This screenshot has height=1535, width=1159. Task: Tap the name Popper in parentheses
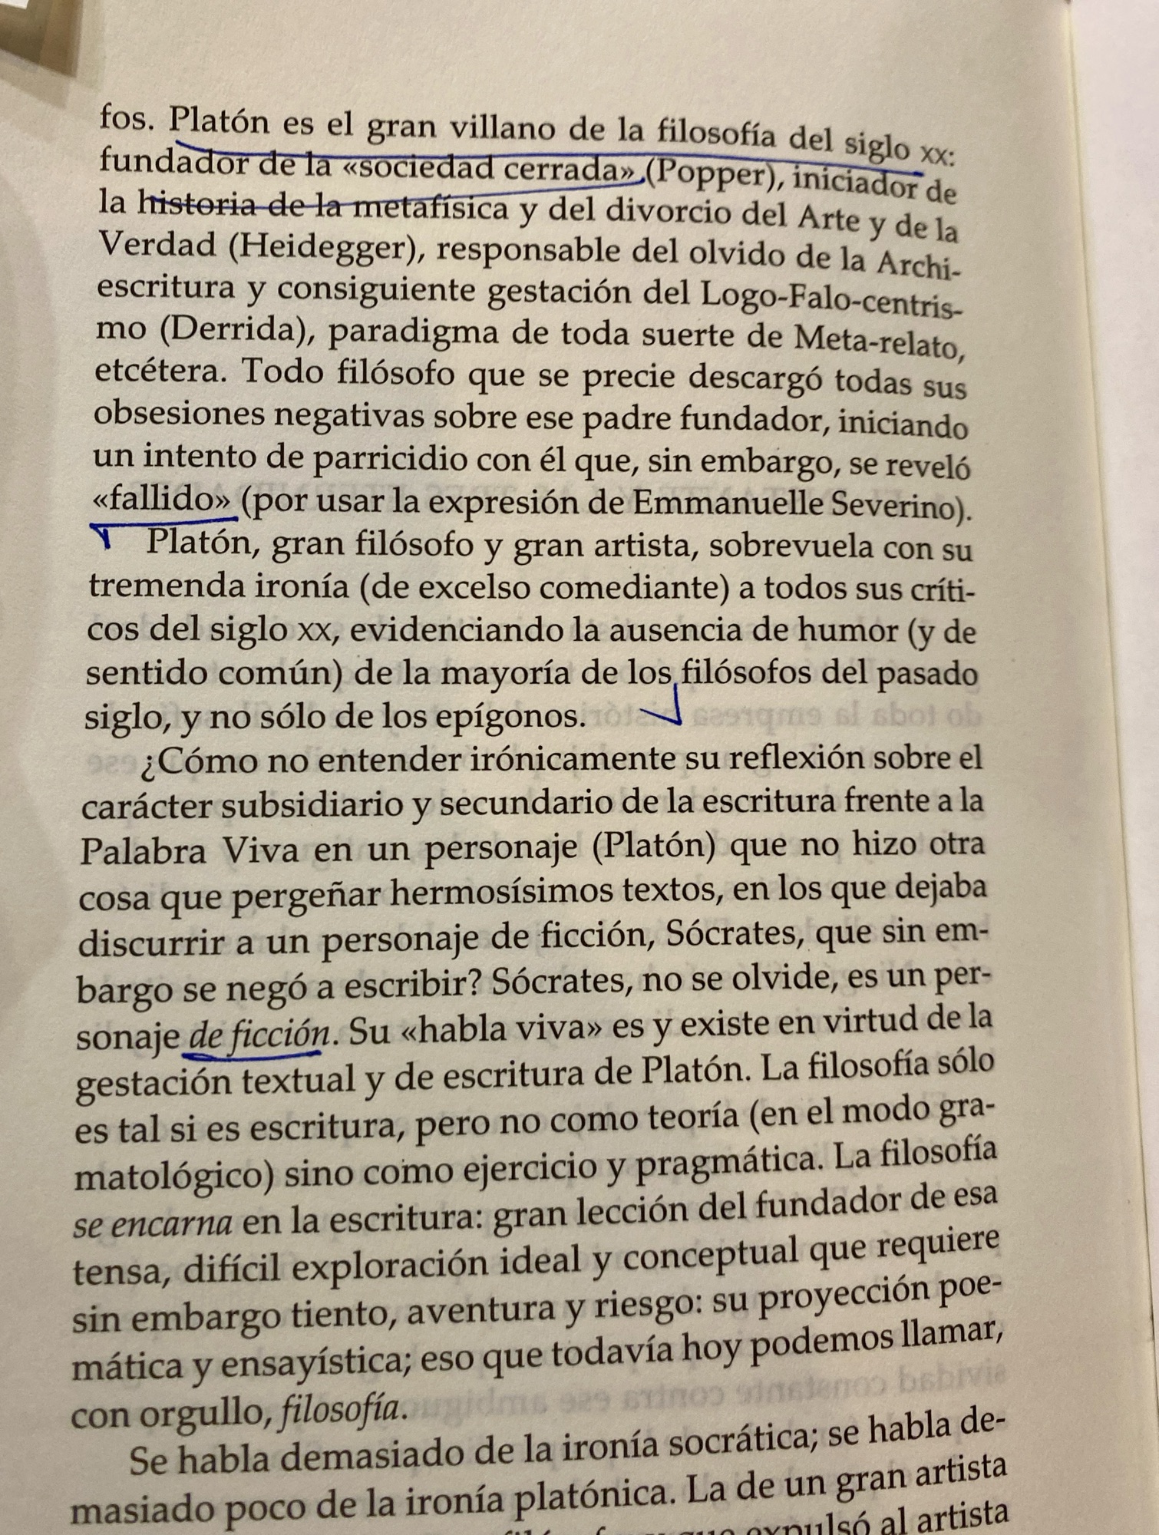point(707,174)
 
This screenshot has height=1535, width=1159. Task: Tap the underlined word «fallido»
point(161,500)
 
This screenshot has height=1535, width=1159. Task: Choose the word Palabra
point(143,851)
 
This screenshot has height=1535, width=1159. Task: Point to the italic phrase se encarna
point(153,1223)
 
